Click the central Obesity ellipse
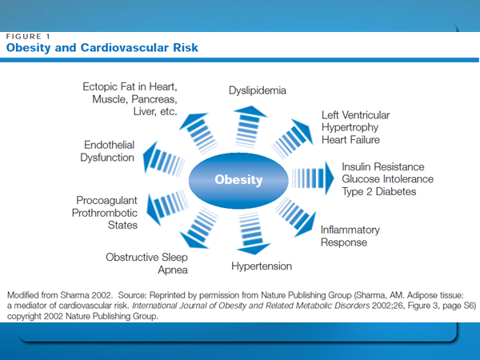click(238, 180)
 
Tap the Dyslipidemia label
click(258, 90)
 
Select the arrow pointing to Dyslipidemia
click(249, 126)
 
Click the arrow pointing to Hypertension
click(252, 234)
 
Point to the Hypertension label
click(262, 266)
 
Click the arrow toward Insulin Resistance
click(313, 178)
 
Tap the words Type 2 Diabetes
click(379, 192)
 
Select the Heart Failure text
click(350, 140)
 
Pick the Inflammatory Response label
click(350, 236)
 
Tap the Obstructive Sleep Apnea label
click(146, 263)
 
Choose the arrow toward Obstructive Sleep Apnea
click(198, 228)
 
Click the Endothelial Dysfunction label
click(107, 151)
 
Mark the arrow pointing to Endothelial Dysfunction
click(164, 158)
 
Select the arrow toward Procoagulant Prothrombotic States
click(167, 207)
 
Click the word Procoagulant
click(107, 200)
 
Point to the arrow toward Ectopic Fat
click(198, 134)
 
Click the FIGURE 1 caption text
click(28, 37)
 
